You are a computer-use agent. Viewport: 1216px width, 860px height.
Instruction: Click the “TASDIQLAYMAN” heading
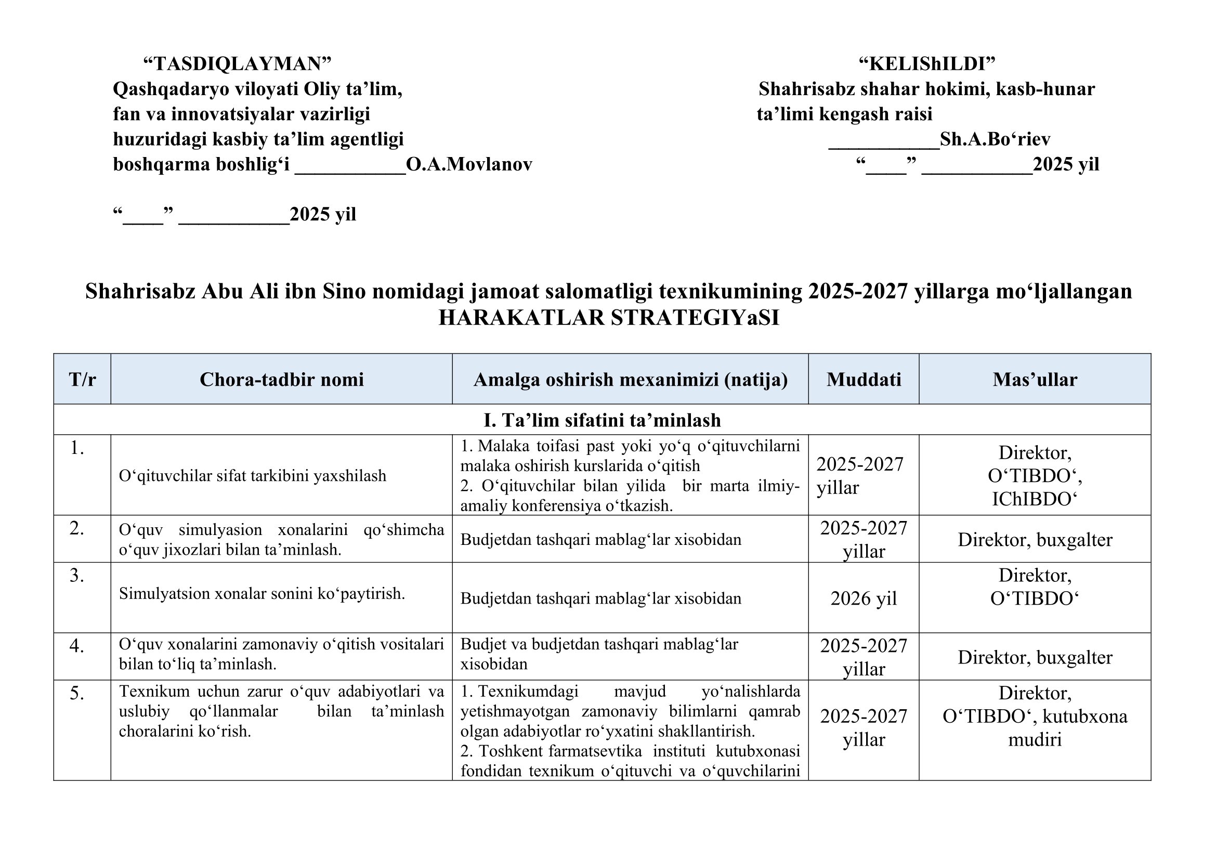click(237, 64)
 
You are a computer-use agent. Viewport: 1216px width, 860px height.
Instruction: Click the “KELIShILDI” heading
click(926, 64)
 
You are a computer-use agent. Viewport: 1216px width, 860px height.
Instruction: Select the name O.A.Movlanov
click(469, 165)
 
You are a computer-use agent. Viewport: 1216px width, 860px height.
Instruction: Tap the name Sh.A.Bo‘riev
click(995, 139)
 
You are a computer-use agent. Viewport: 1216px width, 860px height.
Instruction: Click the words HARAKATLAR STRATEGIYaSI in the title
click(609, 318)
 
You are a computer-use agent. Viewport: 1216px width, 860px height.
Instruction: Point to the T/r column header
click(82, 380)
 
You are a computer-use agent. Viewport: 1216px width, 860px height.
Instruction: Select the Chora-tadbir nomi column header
click(281, 380)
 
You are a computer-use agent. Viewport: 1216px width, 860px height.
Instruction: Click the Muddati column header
click(864, 380)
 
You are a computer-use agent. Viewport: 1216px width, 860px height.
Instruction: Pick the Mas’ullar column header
click(1035, 380)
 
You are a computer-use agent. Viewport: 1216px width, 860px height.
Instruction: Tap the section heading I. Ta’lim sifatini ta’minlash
click(602, 420)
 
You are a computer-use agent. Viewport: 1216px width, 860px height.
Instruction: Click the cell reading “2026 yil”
click(864, 598)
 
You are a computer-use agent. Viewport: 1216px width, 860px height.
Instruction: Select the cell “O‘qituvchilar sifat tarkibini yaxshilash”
click(252, 476)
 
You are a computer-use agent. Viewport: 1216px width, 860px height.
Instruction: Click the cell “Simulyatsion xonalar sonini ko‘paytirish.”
click(261, 594)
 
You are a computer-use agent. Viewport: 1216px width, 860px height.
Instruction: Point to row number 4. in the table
click(77, 646)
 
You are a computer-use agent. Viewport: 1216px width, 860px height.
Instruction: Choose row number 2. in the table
click(77, 528)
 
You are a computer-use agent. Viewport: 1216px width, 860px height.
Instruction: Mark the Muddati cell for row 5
click(864, 727)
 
